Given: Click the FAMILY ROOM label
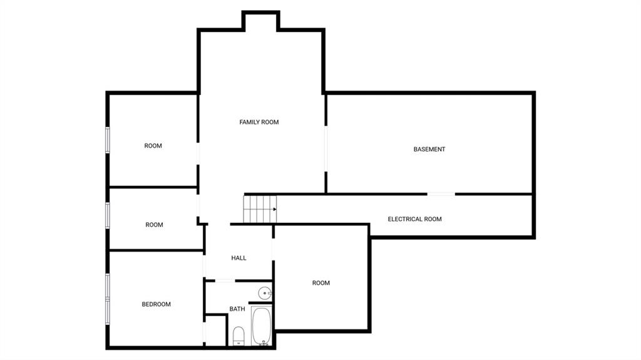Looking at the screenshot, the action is coord(259,122).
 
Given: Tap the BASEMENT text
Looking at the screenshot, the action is coord(429,149).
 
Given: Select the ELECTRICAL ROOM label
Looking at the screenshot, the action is coord(414,219).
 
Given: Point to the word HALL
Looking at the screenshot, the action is coord(238,258).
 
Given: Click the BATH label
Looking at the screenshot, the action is coord(237,309).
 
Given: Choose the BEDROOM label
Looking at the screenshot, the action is coord(156,304).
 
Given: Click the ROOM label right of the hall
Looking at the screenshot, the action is coord(321,283).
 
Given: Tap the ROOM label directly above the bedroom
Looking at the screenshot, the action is coord(154,225).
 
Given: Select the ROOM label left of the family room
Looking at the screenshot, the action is coord(153,146).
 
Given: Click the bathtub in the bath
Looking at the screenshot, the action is coord(261,326).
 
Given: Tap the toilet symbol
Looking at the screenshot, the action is coord(238,336).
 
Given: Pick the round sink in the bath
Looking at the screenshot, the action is coord(265,293).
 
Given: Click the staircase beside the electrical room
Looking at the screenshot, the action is coord(260,209).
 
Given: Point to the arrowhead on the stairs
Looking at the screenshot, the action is coord(275,209).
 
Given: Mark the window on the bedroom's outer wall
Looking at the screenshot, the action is coord(108,299).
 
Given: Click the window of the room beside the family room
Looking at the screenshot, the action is coord(108,140).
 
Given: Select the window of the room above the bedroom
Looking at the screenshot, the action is coord(108,215).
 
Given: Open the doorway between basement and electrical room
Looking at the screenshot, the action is coord(441,194).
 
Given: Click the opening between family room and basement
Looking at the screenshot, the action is coord(326,148).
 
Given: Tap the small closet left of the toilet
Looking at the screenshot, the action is coord(215,331).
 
